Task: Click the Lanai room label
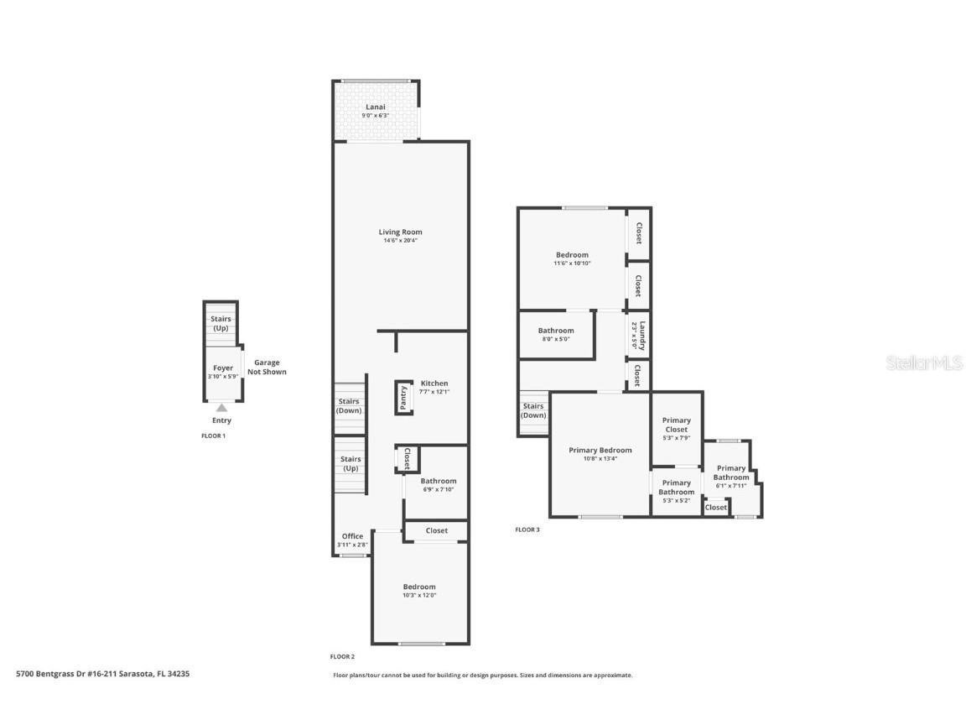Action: [375, 107]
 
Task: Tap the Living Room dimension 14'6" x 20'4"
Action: [400, 241]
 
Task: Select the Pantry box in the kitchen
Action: [403, 397]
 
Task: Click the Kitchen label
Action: [434, 383]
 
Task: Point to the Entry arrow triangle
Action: [221, 408]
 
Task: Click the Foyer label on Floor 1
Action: [223, 368]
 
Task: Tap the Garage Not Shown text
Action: [267, 368]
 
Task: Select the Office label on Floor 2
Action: [352, 536]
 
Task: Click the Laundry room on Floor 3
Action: [639, 335]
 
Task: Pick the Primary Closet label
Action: [676, 425]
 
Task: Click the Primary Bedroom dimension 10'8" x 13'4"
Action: [600, 459]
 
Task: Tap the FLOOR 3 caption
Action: [527, 529]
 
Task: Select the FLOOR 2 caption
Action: [342, 656]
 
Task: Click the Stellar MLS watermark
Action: [926, 362]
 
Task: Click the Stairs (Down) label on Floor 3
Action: [533, 410]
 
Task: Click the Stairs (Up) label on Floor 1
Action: [221, 323]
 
